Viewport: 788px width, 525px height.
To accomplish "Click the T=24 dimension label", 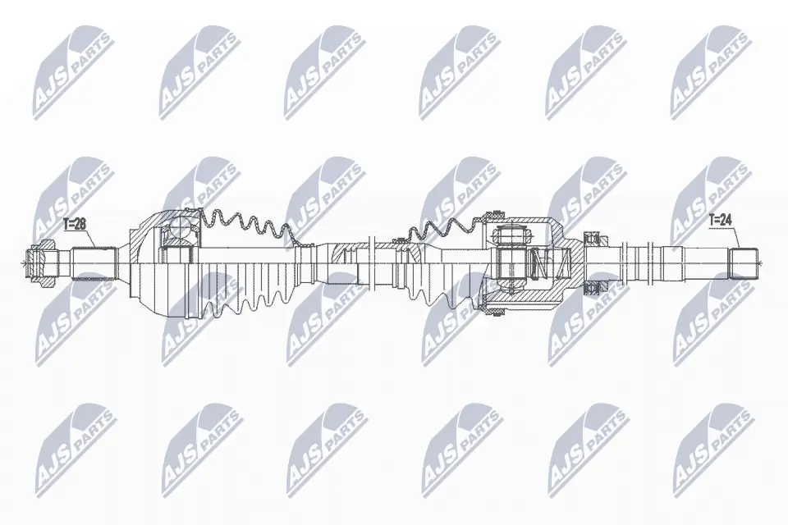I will tap(721, 219).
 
